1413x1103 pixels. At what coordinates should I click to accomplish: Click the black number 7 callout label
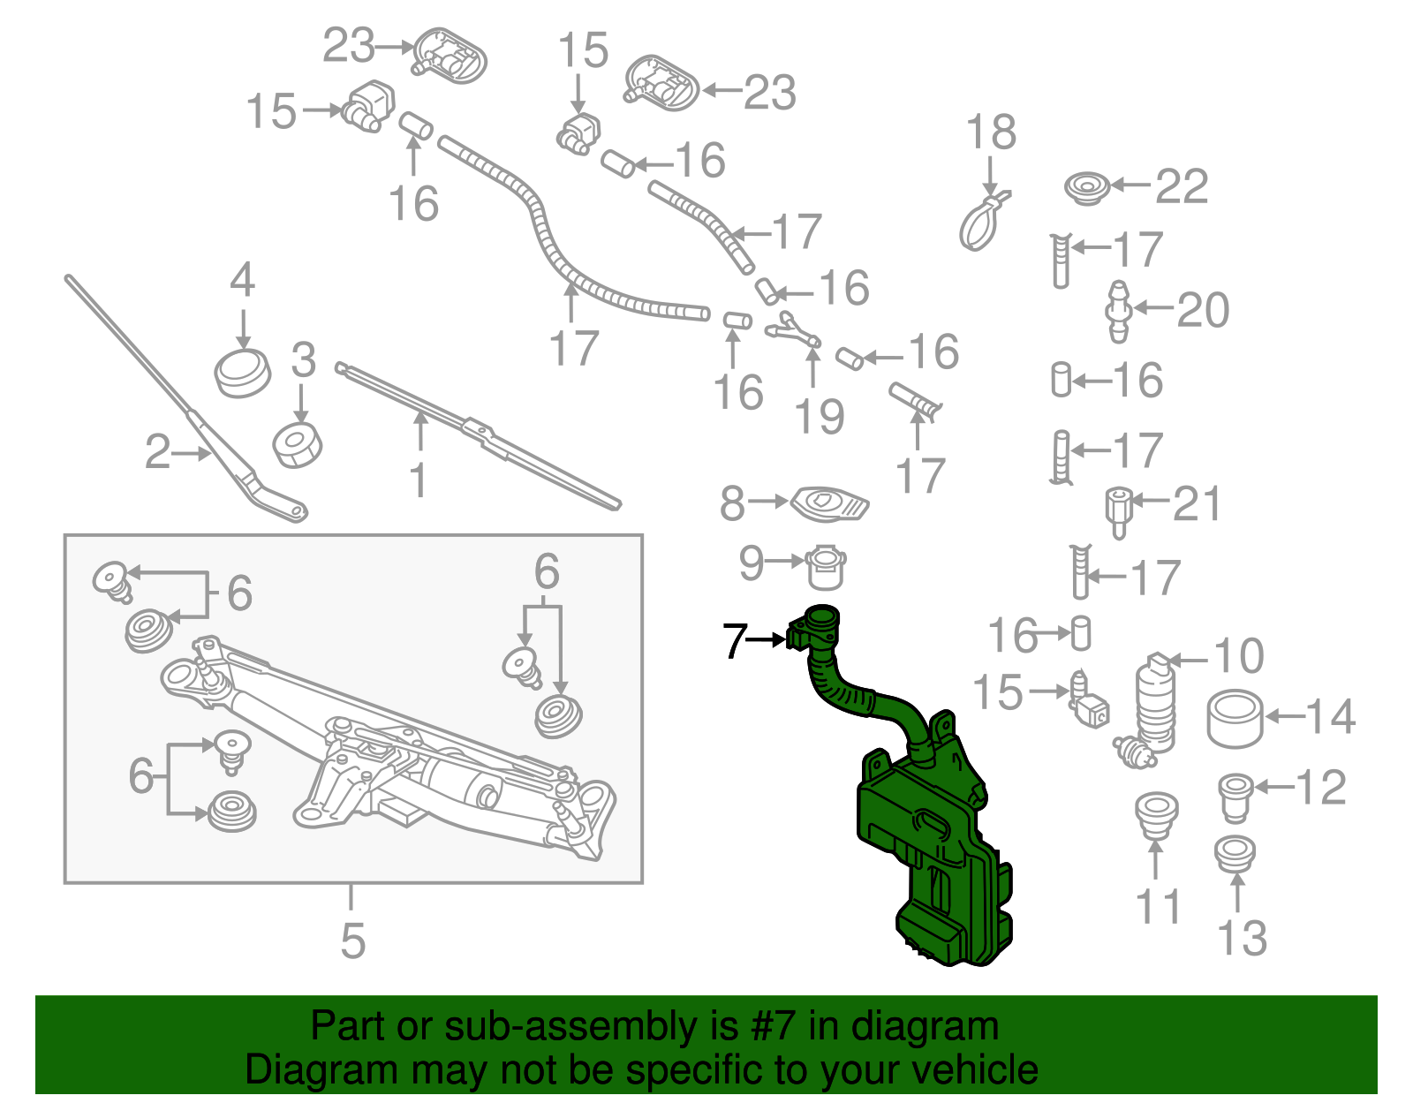point(735,641)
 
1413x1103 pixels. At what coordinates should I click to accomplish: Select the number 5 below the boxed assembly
point(352,941)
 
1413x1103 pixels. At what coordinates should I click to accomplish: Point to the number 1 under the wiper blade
point(419,481)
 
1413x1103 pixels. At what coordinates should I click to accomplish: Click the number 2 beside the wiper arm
point(157,452)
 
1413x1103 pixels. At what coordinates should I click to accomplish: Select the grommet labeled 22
point(1086,188)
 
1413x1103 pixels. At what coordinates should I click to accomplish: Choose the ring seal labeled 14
point(1235,720)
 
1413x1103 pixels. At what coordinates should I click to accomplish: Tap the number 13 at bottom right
point(1242,938)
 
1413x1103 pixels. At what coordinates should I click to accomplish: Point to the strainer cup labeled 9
point(827,568)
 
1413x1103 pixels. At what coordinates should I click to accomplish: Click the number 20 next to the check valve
point(1203,310)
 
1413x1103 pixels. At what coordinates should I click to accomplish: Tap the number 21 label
point(1198,504)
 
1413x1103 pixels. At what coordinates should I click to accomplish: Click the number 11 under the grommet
point(1158,907)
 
